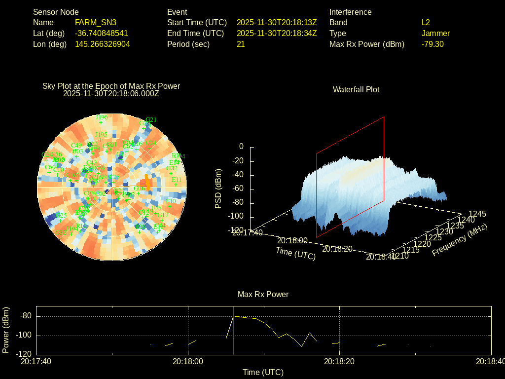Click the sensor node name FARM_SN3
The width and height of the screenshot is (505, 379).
point(96,22)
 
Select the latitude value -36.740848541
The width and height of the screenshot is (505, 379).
point(102,33)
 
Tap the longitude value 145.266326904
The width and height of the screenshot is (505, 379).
point(103,44)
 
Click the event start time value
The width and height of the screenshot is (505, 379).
point(277,22)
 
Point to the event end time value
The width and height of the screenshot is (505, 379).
point(277,33)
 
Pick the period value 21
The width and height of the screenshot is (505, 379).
point(241,44)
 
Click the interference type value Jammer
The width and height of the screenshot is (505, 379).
point(435,33)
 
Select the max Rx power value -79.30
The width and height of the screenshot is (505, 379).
point(433,44)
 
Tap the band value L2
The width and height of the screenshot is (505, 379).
point(426,22)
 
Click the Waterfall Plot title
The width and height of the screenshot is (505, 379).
point(356,89)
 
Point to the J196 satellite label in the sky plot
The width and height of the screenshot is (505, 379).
point(102,117)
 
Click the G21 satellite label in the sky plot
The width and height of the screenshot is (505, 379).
point(151,119)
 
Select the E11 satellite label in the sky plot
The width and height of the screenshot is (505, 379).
point(177,180)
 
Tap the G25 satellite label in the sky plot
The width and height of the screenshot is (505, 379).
point(62,215)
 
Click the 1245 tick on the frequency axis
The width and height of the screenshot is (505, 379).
point(477,214)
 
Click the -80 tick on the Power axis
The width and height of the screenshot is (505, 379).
point(27,316)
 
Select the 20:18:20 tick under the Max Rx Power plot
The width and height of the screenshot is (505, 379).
point(339,361)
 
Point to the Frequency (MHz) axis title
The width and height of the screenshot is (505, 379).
point(460,240)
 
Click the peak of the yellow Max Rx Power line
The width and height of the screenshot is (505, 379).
point(234,316)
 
